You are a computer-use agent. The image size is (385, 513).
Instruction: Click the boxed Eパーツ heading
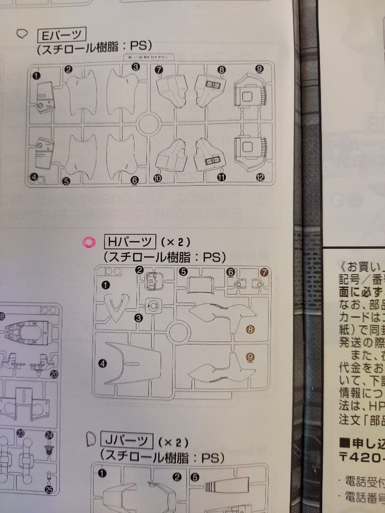[61, 35]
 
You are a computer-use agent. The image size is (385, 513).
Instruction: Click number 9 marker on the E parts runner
[259, 69]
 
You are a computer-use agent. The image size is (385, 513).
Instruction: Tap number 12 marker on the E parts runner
[260, 178]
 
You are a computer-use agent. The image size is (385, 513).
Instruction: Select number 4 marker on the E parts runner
[34, 178]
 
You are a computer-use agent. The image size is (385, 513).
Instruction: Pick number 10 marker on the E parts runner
[158, 178]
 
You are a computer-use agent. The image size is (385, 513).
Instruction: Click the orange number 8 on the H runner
[250, 328]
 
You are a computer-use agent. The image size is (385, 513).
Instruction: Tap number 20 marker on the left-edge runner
[54, 374]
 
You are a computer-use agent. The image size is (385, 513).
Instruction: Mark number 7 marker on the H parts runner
[264, 272]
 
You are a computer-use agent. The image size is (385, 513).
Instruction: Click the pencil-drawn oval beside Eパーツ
[22, 34]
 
